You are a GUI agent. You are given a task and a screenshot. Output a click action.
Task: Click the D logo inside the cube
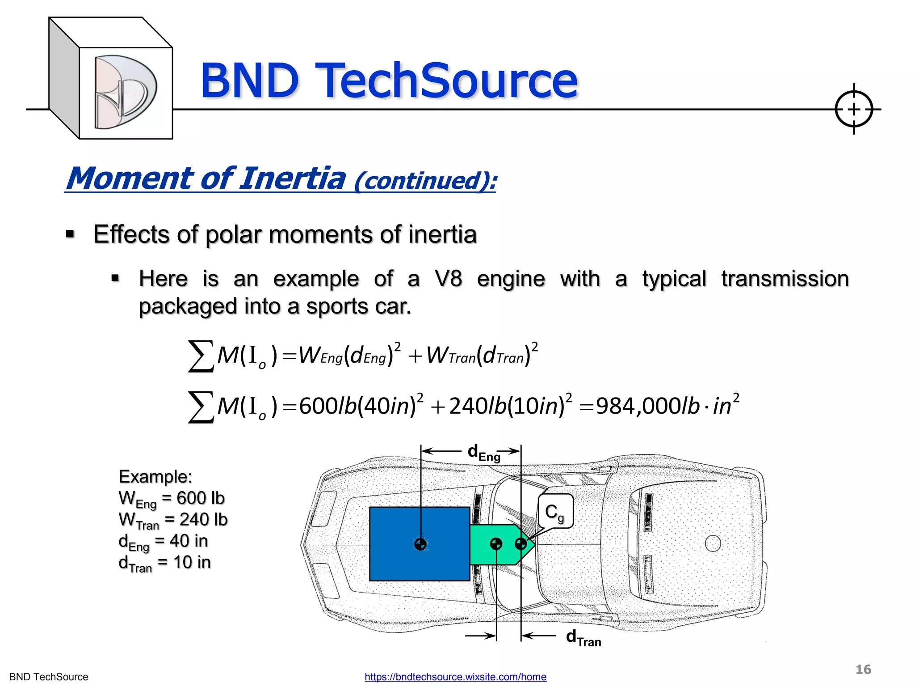click(125, 92)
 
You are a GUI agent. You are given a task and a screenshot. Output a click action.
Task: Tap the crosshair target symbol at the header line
click(853, 109)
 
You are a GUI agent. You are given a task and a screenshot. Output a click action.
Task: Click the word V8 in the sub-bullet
click(448, 279)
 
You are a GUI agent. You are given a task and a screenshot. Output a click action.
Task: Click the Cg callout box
click(555, 511)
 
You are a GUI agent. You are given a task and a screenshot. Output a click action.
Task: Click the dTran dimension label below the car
click(583, 637)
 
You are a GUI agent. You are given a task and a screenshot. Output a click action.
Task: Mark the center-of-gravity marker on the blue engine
click(420, 544)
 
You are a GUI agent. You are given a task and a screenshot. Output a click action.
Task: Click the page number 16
click(863, 670)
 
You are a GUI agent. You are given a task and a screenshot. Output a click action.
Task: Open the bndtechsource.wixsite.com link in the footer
click(455, 677)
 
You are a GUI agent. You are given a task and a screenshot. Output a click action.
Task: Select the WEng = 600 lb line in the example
click(172, 499)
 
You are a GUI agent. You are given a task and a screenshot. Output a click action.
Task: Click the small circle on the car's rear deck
click(713, 543)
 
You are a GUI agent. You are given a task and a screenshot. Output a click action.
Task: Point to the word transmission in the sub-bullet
click(785, 279)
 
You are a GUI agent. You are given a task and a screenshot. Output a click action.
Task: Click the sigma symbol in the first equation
click(201, 356)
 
